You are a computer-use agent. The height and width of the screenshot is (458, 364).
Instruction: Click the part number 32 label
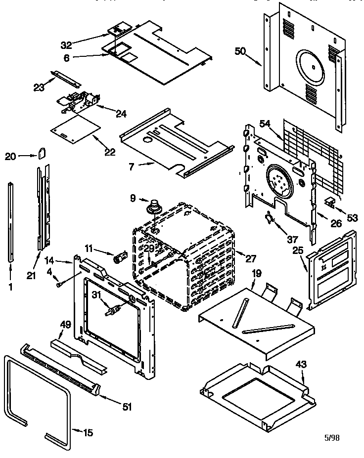[x=66, y=45]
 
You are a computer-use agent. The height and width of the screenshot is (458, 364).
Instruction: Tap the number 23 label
[x=39, y=87]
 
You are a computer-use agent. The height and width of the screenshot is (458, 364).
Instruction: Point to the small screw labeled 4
[x=59, y=284]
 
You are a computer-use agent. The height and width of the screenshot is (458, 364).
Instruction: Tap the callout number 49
[x=65, y=325]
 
